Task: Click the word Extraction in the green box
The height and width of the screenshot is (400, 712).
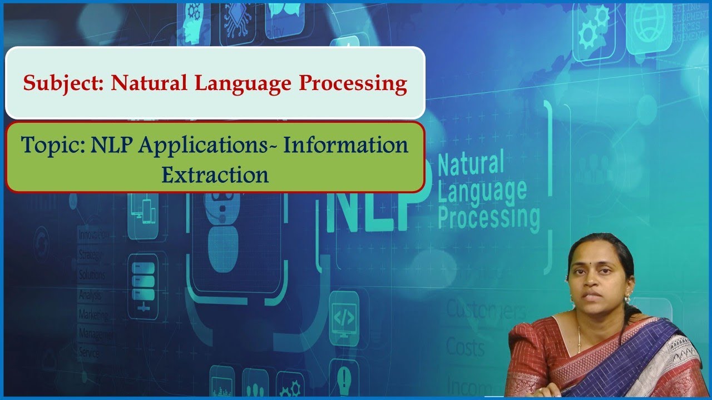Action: click(x=215, y=174)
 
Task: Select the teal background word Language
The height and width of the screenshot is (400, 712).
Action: click(x=482, y=189)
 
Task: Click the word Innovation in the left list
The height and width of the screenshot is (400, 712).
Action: click(x=93, y=235)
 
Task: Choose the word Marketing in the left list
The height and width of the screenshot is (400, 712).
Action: click(x=94, y=314)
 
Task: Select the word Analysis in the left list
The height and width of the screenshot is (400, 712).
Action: click(x=90, y=294)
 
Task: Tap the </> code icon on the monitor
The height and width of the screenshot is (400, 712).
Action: click(x=343, y=317)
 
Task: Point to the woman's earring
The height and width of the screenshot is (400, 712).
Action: click(x=627, y=298)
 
